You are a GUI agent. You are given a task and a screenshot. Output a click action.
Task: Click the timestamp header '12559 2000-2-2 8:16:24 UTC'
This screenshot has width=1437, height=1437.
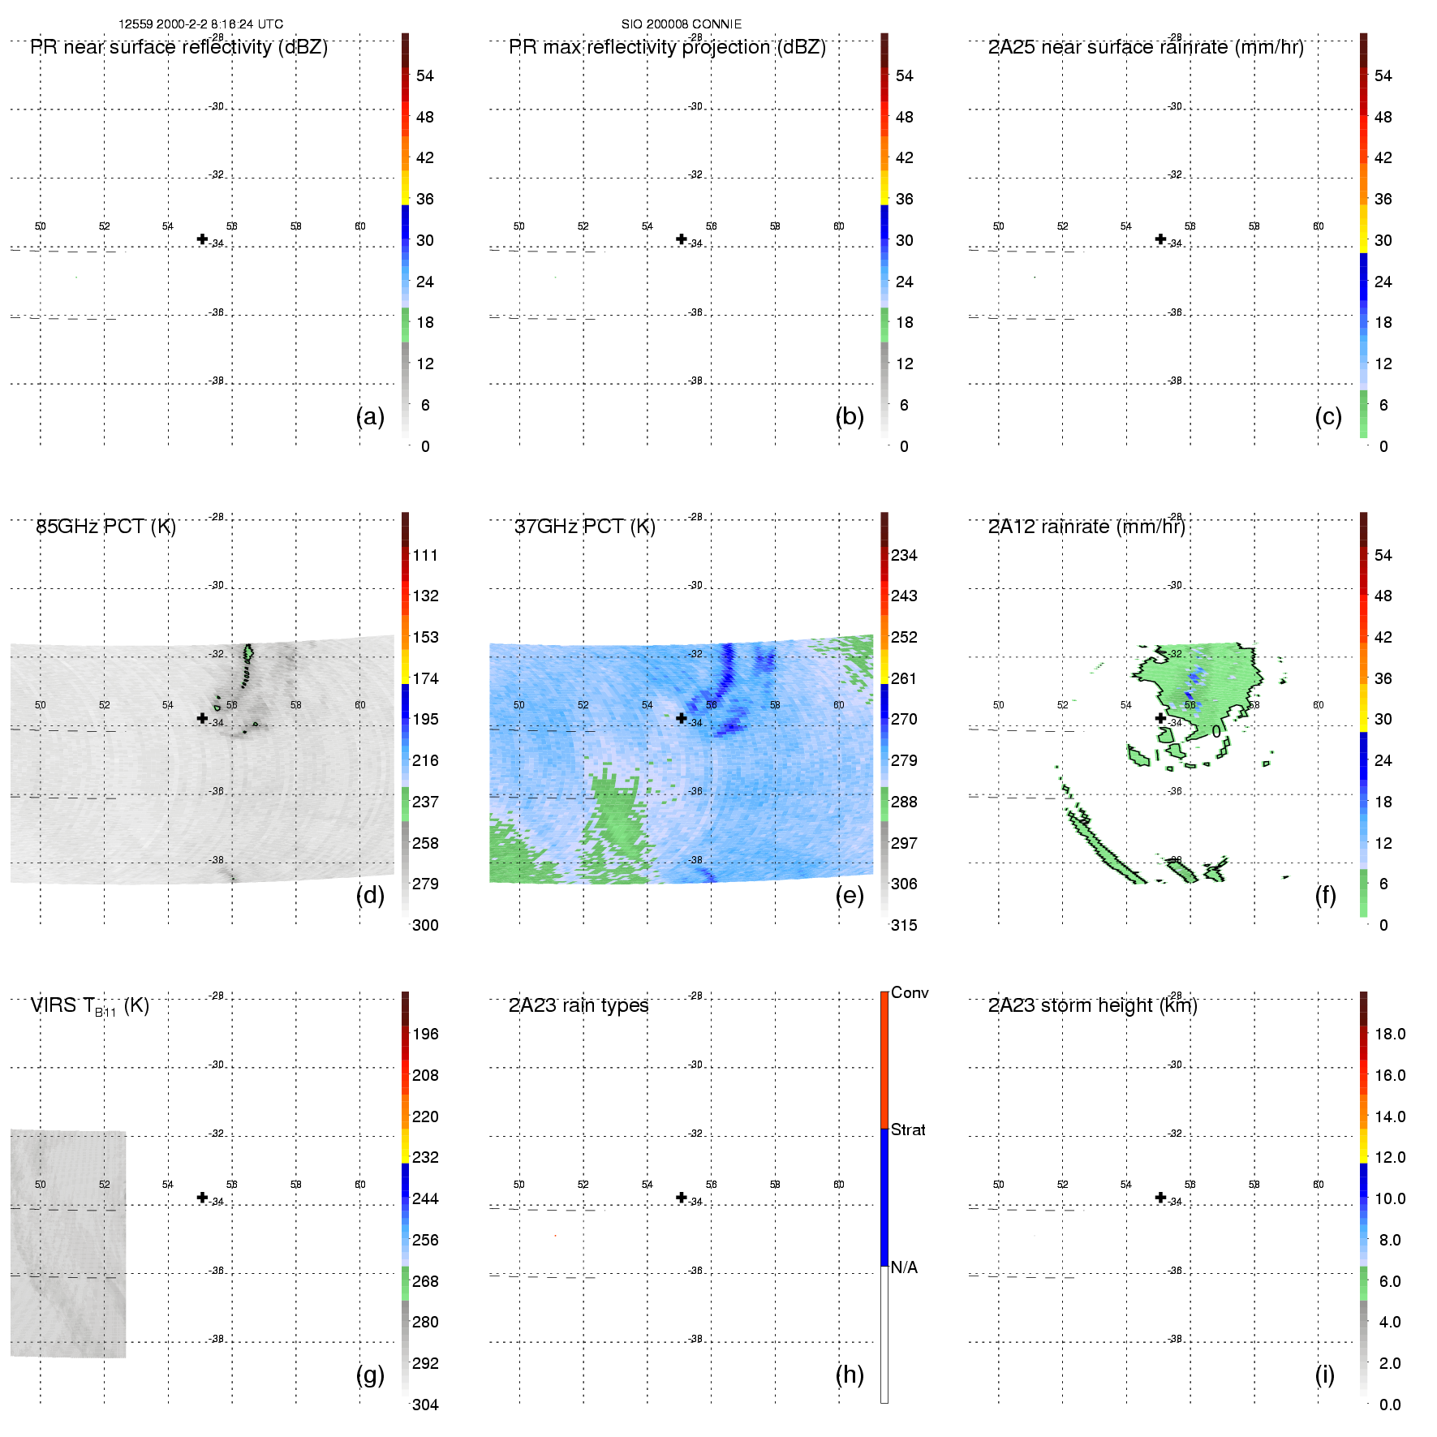[x=200, y=24]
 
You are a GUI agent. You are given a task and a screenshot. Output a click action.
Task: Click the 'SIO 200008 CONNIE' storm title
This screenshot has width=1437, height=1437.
[x=681, y=24]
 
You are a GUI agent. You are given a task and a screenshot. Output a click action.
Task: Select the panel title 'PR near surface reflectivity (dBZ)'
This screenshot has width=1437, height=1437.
[x=179, y=47]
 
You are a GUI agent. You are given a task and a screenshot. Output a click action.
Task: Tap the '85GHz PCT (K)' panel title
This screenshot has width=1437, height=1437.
[x=105, y=527]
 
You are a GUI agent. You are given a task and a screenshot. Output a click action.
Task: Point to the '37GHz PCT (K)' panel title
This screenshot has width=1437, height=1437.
[x=584, y=527]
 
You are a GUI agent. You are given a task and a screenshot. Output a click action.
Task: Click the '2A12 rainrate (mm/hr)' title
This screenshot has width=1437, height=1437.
[x=1086, y=527]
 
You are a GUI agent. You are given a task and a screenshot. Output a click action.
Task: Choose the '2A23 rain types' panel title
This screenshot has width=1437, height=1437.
[x=578, y=1005]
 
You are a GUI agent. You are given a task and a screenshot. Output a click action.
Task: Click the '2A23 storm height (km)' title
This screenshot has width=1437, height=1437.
[x=1092, y=1005]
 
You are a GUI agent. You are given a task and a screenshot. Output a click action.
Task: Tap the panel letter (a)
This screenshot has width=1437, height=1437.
[x=370, y=416]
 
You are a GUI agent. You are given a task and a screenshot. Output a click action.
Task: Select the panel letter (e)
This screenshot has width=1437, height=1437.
[x=849, y=895]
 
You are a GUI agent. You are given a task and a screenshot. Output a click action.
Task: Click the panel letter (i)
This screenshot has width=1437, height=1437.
[x=1324, y=1375]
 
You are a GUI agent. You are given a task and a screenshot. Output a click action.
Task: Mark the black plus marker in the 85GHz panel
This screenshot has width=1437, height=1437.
[x=202, y=718]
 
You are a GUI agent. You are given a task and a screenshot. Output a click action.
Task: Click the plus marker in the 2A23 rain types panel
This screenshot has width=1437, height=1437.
[x=682, y=1198]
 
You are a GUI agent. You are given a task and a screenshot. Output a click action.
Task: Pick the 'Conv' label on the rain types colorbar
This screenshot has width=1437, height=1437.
[x=909, y=992]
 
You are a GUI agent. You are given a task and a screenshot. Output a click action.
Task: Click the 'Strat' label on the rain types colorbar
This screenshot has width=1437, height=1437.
[x=908, y=1129]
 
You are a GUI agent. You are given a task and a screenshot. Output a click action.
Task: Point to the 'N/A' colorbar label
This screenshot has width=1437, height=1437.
[x=904, y=1267]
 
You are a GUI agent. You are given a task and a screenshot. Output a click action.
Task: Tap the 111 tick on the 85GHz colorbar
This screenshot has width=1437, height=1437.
[x=424, y=555]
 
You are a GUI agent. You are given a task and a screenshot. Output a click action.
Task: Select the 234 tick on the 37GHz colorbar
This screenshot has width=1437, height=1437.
[x=904, y=555]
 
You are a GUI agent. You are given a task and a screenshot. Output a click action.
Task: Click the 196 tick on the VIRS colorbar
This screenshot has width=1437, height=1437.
[x=424, y=1034]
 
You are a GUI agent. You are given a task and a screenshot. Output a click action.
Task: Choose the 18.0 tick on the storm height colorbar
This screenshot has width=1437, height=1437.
[x=1389, y=1034]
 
